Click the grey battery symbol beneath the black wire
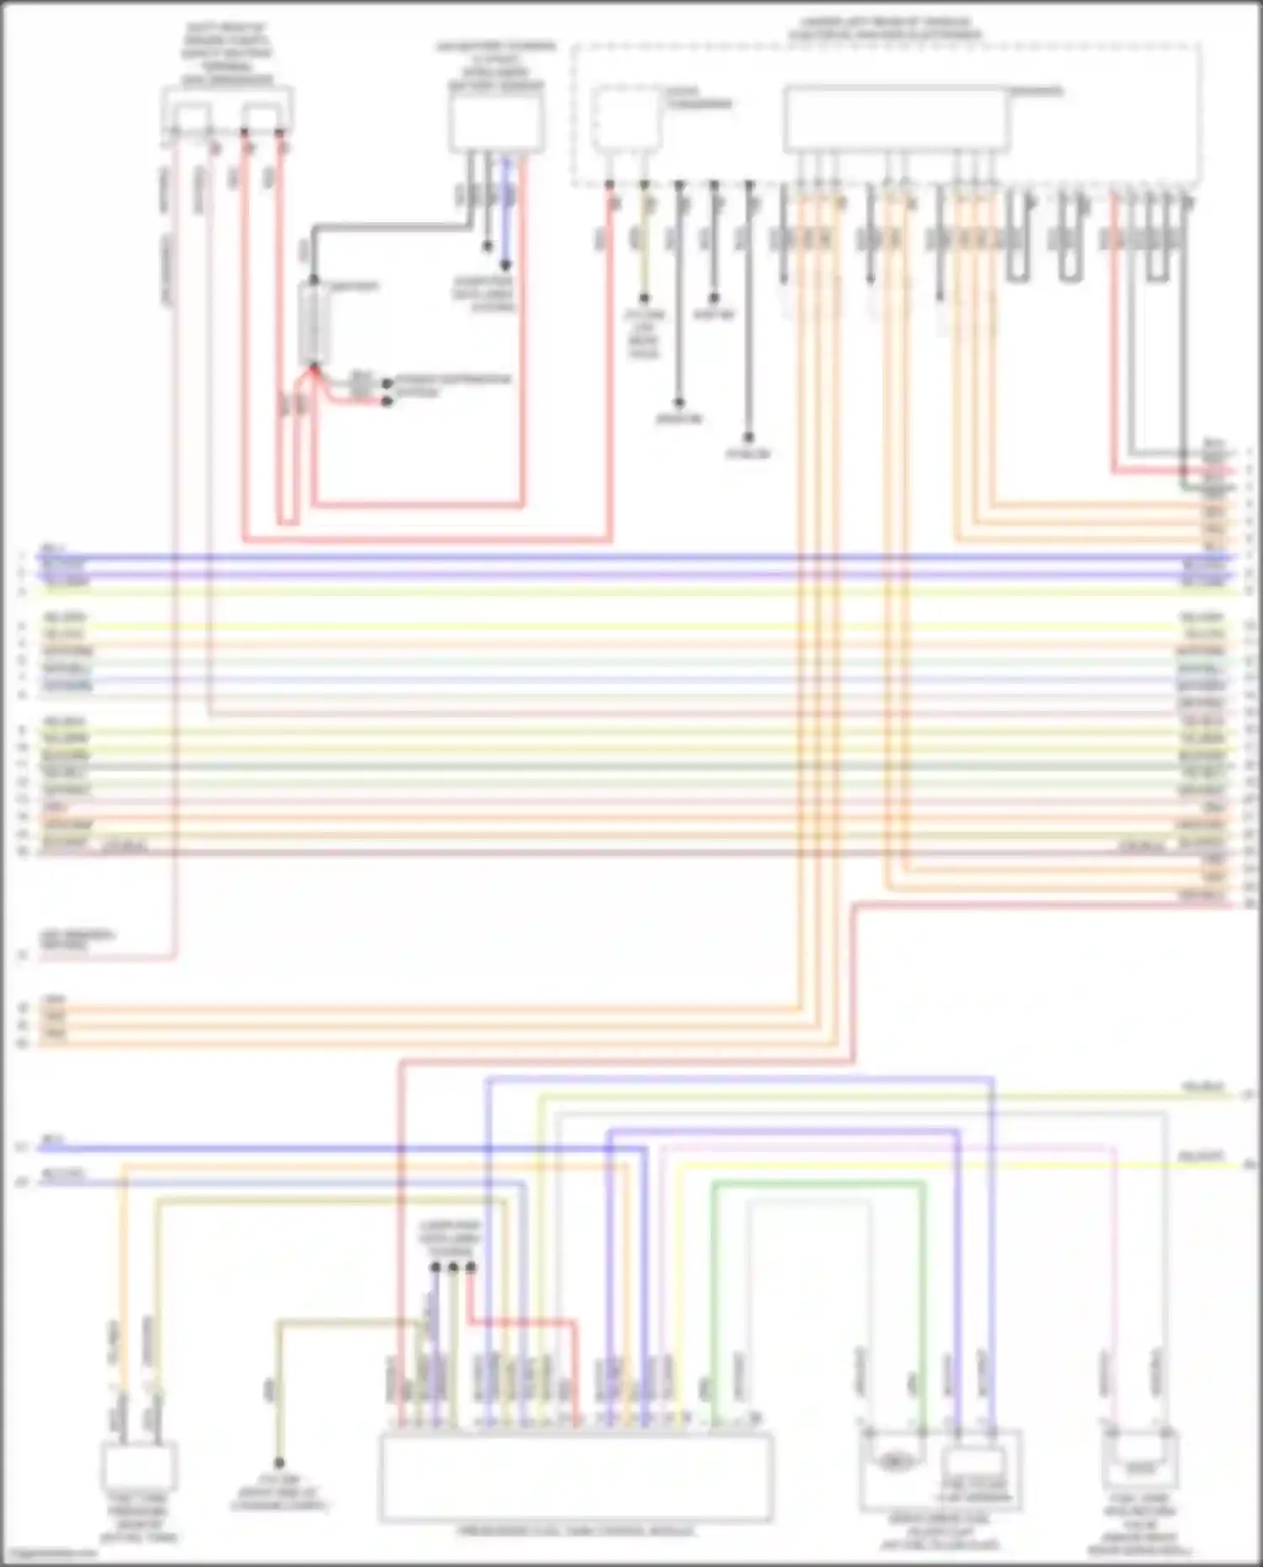click(314, 323)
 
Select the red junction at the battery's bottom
click(314, 368)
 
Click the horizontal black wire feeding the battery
click(387, 227)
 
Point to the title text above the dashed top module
click(884, 29)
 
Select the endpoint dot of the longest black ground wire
click(749, 438)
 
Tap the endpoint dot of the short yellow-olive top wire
click(644, 298)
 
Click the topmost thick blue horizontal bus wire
click(631, 557)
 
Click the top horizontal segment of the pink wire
click(884, 1147)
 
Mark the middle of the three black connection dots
click(453, 1266)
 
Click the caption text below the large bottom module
click(576, 1531)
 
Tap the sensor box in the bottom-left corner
click(138, 1466)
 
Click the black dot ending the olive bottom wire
click(279, 1463)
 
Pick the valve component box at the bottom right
click(1140, 1465)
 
